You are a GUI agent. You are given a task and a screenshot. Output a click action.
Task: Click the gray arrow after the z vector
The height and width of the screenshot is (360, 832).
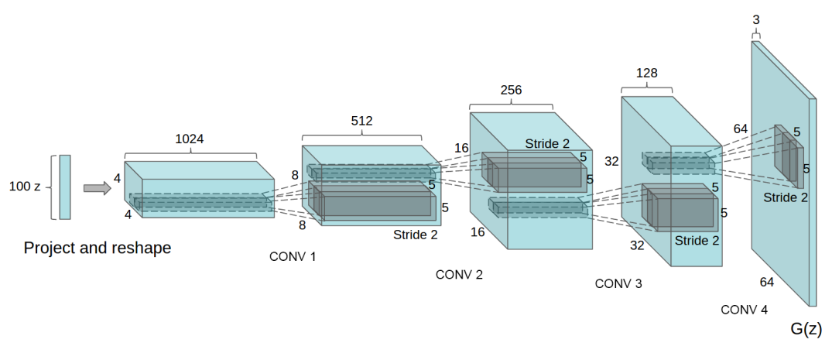tap(96, 187)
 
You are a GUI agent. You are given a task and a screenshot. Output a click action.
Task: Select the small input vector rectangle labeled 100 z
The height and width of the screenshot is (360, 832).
tap(65, 187)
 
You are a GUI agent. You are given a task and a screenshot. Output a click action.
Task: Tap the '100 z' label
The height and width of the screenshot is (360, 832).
tap(25, 187)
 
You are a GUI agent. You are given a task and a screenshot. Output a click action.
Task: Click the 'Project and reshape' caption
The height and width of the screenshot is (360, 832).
tap(98, 248)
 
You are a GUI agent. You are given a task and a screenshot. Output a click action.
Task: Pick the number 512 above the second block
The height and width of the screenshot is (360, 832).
tap(361, 121)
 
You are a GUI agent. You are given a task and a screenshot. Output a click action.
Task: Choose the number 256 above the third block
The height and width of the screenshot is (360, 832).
tap(511, 90)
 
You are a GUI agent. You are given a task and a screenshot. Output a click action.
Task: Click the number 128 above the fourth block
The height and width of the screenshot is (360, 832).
tap(646, 73)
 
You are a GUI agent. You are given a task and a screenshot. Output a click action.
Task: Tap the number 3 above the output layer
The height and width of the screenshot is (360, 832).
tap(756, 19)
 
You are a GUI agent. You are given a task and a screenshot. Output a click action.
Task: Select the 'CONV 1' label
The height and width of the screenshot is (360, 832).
tap(293, 256)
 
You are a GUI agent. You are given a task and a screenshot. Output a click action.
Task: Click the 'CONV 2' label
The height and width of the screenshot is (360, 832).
tap(459, 274)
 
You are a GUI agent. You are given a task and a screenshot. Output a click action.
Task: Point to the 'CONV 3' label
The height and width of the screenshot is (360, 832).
tap(618, 283)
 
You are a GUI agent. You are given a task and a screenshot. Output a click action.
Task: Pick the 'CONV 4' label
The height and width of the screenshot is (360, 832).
tap(745, 310)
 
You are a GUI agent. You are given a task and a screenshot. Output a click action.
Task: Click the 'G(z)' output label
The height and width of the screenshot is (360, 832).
tap(806, 328)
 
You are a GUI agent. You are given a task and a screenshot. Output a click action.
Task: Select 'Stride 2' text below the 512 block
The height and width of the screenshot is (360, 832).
tap(415, 235)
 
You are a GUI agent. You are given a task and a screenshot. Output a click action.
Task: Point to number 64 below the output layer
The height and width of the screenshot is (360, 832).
tap(766, 282)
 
